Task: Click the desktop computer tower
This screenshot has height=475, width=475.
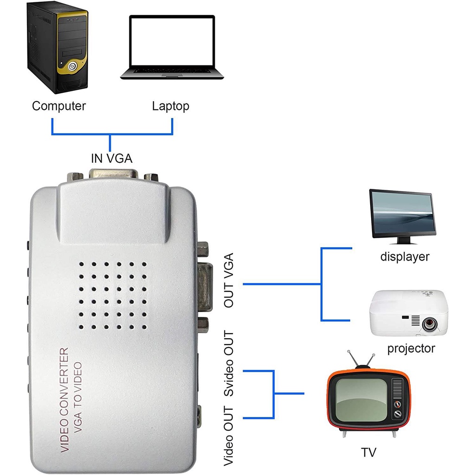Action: point(58,46)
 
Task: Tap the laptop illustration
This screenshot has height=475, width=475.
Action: point(172,46)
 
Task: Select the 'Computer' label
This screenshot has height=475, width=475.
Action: point(59,106)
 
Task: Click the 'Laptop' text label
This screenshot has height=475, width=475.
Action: point(171,106)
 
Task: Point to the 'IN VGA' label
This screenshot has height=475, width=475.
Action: point(111,159)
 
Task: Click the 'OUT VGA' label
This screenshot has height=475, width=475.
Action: point(229,280)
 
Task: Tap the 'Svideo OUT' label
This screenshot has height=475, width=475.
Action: point(229,364)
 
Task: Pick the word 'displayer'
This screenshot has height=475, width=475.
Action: point(405,257)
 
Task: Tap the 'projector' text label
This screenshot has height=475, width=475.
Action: point(411,348)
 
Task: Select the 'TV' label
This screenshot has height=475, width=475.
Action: point(369,452)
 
